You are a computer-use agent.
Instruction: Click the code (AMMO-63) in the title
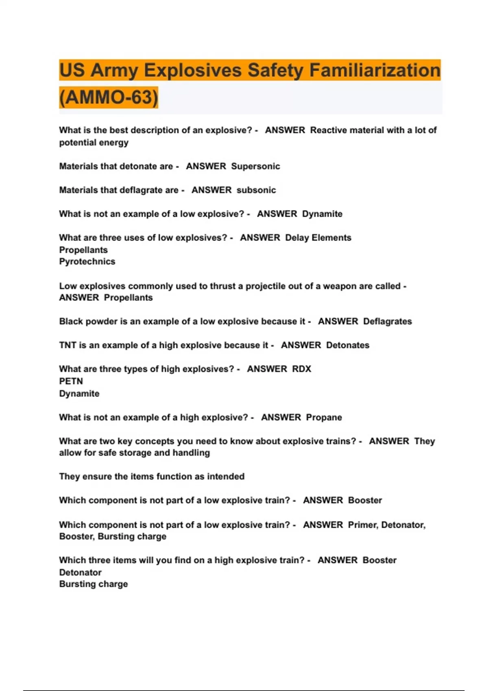[109, 98]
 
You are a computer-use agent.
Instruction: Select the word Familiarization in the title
[375, 70]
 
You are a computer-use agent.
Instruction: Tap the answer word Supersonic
[255, 166]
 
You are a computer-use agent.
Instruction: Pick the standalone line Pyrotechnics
[87, 262]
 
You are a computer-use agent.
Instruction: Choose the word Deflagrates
[387, 322]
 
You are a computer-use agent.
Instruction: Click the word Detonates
[348, 345]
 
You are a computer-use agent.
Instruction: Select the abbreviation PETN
[71, 381]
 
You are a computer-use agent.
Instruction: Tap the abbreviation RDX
[301, 369]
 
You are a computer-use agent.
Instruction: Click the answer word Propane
[324, 417]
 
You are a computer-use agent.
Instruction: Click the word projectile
[265, 286]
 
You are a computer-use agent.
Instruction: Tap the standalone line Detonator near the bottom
[80, 573]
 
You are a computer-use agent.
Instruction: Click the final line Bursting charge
[94, 584]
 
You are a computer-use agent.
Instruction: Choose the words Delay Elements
[318, 238]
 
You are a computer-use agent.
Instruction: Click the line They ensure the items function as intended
[152, 476]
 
